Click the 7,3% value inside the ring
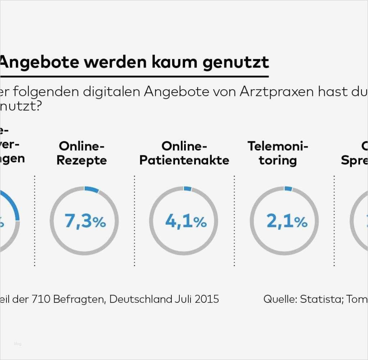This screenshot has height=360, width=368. coord(85,221)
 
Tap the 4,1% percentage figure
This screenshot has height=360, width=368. coord(185,221)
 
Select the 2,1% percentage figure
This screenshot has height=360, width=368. coord(287,221)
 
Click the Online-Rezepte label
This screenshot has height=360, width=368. coord(82,153)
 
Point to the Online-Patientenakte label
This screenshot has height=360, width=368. coord(184,153)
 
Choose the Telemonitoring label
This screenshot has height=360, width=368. coord(278,153)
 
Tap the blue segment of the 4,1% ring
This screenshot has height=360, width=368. coord(188,188)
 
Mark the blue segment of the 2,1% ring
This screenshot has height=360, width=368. coord(288,188)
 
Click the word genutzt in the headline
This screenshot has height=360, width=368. coord(235,62)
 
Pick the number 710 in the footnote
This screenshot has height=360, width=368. coord(42,299)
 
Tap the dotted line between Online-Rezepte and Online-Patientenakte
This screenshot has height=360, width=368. coord(134,221)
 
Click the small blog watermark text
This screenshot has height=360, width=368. coord(18,344)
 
